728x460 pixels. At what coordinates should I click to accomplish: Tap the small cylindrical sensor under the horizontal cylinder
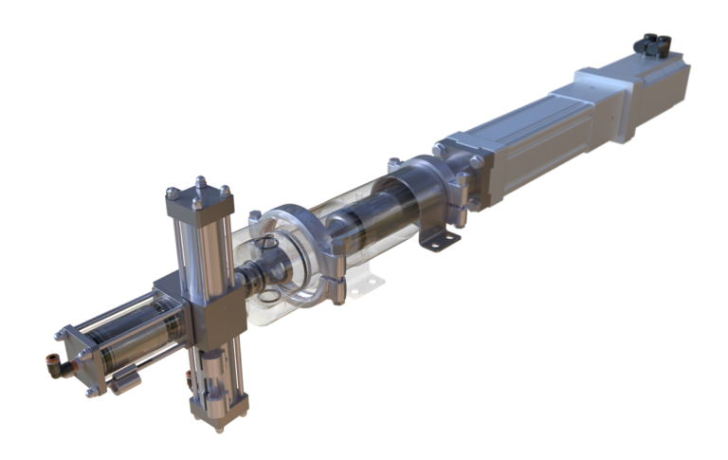(122, 382)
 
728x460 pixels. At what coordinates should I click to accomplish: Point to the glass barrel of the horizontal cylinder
(133, 332)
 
